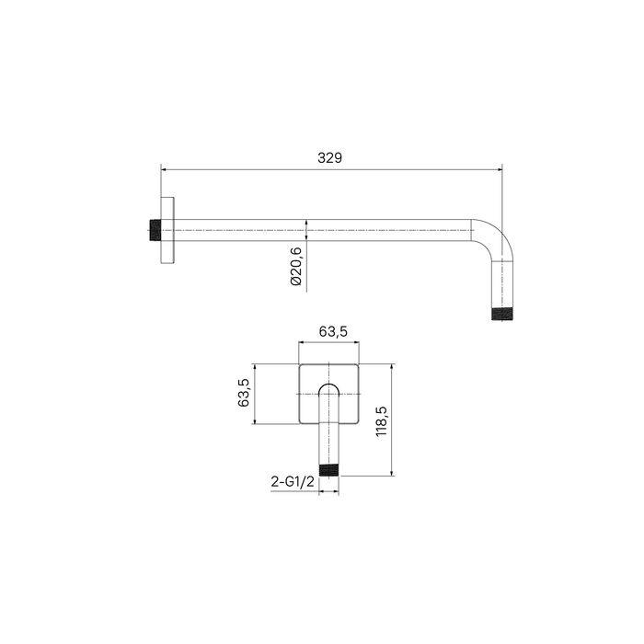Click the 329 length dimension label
[329, 157]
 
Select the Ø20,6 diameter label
[296, 266]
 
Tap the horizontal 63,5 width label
[333, 331]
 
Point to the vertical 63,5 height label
[244, 393]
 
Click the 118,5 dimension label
[382, 421]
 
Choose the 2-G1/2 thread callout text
[293, 481]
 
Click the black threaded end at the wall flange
[155, 230]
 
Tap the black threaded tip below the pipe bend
[502, 314]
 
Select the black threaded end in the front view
[329, 470]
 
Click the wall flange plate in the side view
[167, 230]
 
